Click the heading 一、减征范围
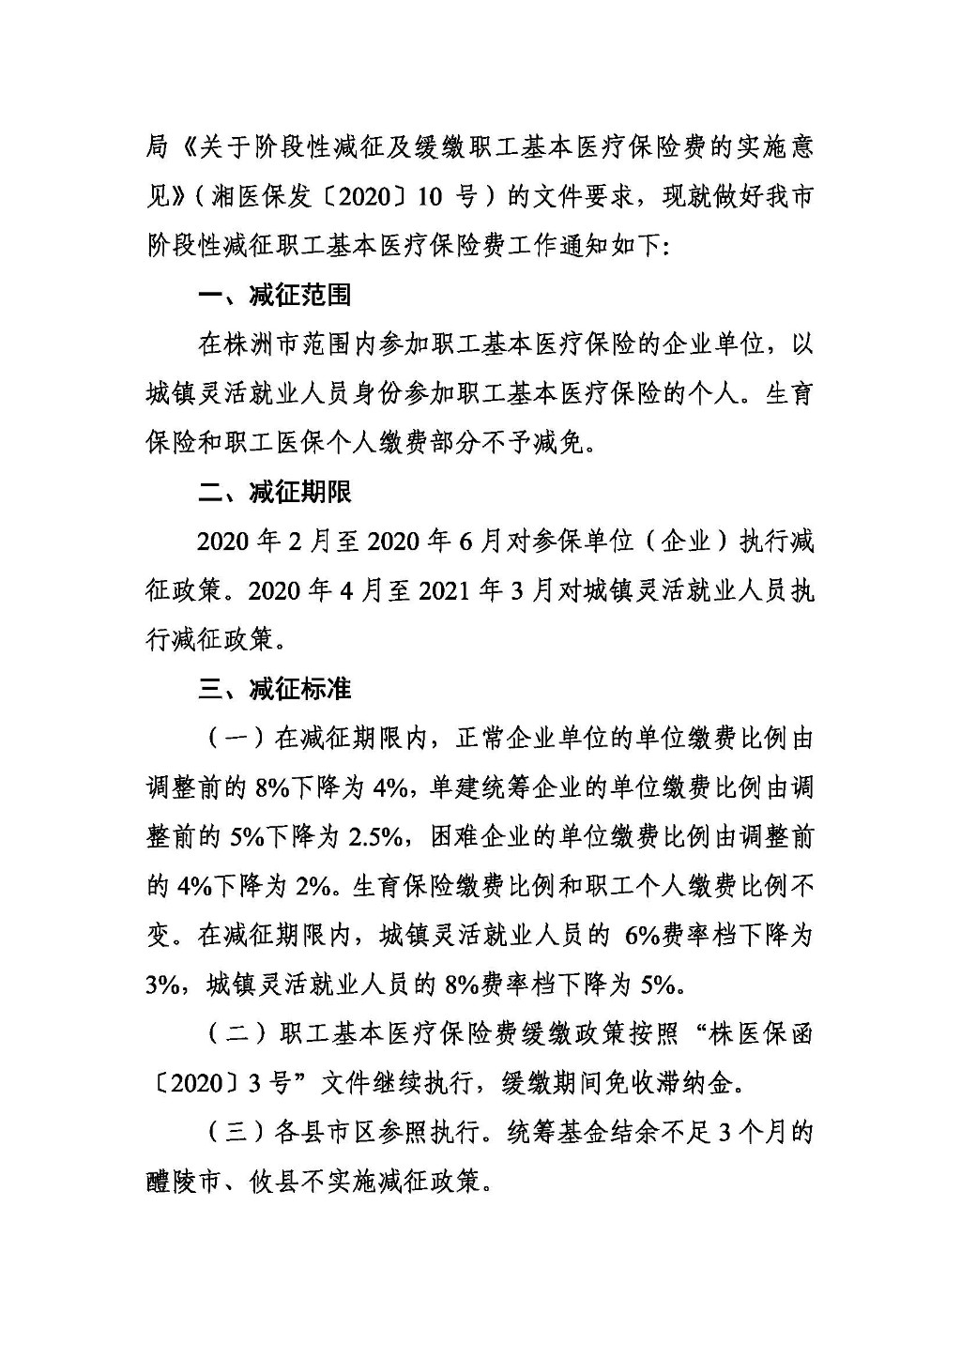point(275,296)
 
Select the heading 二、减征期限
point(275,493)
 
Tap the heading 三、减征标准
point(275,690)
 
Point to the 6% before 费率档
point(642,936)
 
